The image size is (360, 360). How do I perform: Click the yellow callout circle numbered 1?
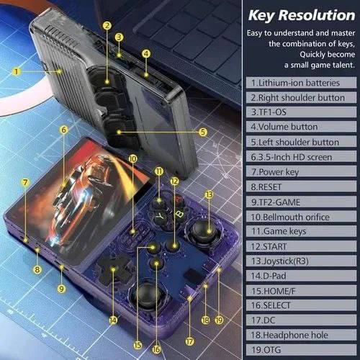point(15,71)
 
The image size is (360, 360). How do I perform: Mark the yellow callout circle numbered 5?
point(203,132)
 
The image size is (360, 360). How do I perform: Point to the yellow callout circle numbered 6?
point(63,130)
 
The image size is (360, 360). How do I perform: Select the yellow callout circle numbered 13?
point(209,194)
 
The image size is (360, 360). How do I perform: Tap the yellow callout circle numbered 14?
point(112,319)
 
